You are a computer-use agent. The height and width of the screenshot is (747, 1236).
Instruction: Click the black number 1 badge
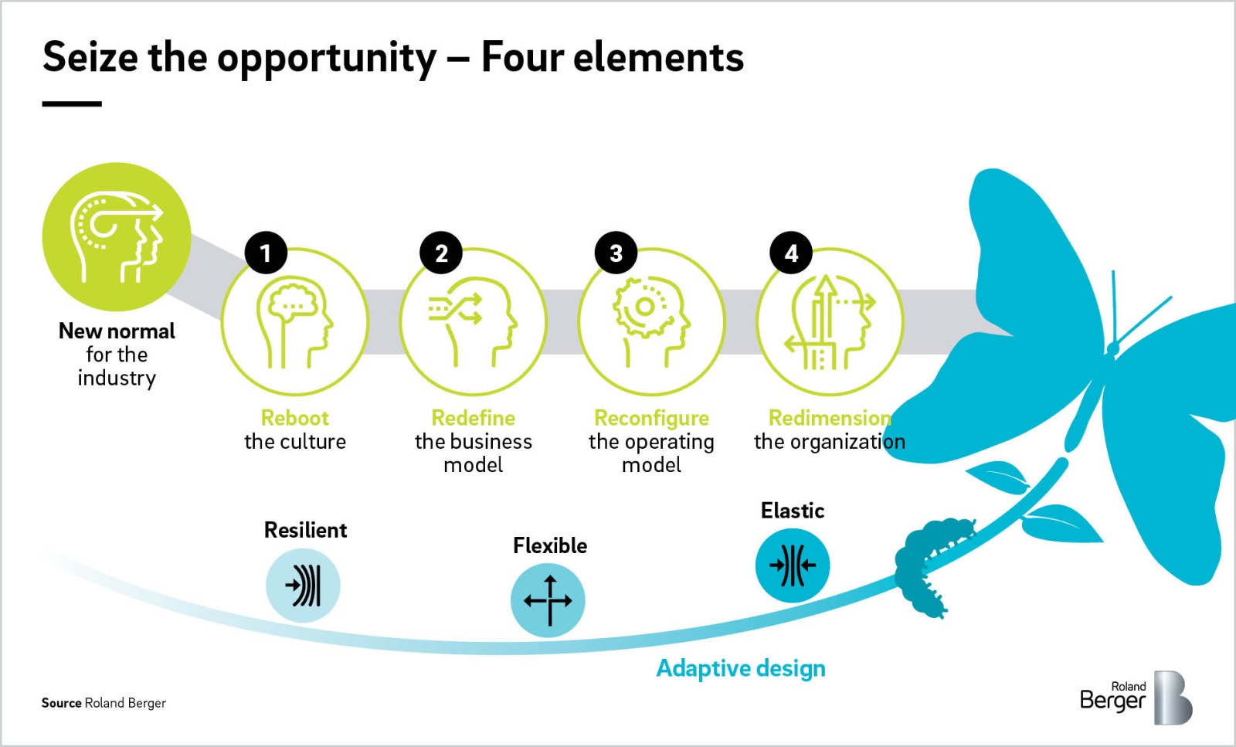pyautogui.click(x=266, y=253)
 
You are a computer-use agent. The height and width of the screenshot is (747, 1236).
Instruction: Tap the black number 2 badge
pyautogui.click(x=441, y=253)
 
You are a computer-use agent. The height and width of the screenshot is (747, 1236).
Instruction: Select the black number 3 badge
pyautogui.click(x=616, y=253)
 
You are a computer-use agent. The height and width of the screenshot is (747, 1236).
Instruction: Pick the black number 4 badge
pyautogui.click(x=791, y=253)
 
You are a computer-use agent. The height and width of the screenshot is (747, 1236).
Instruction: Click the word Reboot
pyautogui.click(x=294, y=418)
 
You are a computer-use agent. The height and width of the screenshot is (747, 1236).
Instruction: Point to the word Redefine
pyautogui.click(x=473, y=418)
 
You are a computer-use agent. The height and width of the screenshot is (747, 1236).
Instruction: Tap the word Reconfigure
pyautogui.click(x=651, y=418)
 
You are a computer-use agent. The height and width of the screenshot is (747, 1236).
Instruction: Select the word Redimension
pyautogui.click(x=830, y=418)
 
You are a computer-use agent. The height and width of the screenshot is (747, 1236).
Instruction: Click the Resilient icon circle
pyautogui.click(x=303, y=586)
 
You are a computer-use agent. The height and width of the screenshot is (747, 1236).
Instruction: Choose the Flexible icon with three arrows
pyautogui.click(x=548, y=600)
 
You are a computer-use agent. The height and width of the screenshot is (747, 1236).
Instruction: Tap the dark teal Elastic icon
pyautogui.click(x=793, y=565)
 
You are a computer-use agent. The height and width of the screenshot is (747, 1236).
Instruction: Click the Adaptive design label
pyautogui.click(x=741, y=669)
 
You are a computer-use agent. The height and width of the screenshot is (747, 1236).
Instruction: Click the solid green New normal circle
pyautogui.click(x=117, y=236)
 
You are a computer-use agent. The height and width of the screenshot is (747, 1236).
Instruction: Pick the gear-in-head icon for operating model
pyautogui.click(x=651, y=323)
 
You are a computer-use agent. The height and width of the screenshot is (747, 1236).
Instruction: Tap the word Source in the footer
pyautogui.click(x=61, y=703)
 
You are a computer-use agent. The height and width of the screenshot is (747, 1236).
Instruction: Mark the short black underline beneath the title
pyautogui.click(x=72, y=104)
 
